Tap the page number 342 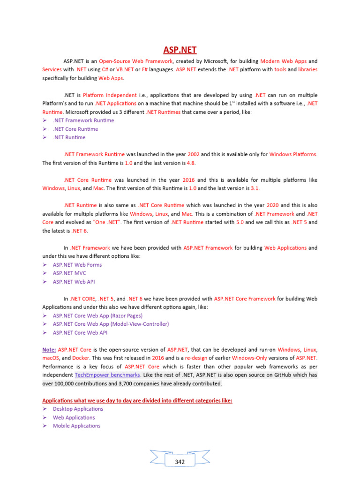pos(180,462)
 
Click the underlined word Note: pos(49,350)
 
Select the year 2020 pos(273,205)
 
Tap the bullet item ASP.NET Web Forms pos(77,265)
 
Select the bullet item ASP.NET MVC pos(69,273)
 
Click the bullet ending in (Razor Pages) pos(97,315)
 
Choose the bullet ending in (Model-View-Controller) pos(111,324)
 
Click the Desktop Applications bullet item pos(78,409)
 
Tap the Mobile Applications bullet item pos(76,426)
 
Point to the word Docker pos(81,358)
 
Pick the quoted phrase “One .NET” pos(109,222)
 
